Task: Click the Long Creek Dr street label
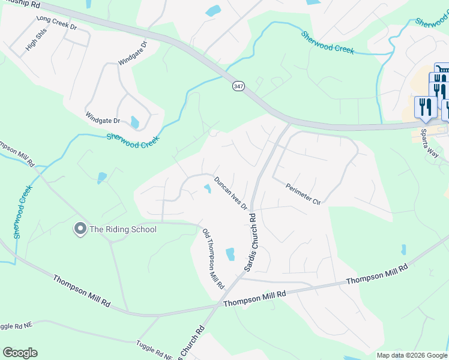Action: point(57,23)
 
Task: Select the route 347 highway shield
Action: point(238,86)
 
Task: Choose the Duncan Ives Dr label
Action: point(231,193)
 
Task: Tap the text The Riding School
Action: point(123,229)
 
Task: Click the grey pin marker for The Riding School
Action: point(79,229)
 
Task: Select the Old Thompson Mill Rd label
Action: point(212,257)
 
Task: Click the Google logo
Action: point(20,353)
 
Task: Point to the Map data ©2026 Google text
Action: point(412,355)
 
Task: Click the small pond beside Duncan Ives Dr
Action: point(208,189)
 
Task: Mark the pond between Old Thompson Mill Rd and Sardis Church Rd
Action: point(230,254)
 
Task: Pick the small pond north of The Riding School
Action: point(102,178)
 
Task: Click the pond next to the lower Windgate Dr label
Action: point(135,122)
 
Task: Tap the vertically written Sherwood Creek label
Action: point(22,211)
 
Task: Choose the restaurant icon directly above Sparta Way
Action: point(426,107)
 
